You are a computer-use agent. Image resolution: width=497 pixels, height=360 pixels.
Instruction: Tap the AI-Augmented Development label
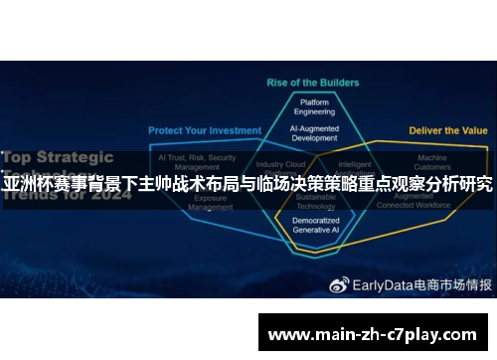click(315, 133)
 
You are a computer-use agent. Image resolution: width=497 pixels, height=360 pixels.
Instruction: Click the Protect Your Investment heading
click(205, 130)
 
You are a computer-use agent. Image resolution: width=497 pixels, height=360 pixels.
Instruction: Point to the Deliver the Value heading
click(448, 130)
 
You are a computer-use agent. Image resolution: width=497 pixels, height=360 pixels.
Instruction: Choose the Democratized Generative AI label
click(316, 225)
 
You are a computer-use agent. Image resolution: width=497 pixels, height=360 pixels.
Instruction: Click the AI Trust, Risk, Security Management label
click(197, 163)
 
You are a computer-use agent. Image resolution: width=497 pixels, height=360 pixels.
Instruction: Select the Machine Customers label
click(432, 163)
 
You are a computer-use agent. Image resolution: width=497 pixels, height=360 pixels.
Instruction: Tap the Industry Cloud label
click(280, 165)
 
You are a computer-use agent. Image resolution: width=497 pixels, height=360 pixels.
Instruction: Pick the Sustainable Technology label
click(316, 202)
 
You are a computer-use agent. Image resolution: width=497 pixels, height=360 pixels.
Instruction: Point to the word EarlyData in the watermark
click(380, 256)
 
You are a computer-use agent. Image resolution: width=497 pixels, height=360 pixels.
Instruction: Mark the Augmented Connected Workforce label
click(433, 203)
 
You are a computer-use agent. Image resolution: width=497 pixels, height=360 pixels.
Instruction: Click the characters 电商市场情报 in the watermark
click(451, 256)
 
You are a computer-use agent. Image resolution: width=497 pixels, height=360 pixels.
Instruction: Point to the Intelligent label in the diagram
click(354, 165)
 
